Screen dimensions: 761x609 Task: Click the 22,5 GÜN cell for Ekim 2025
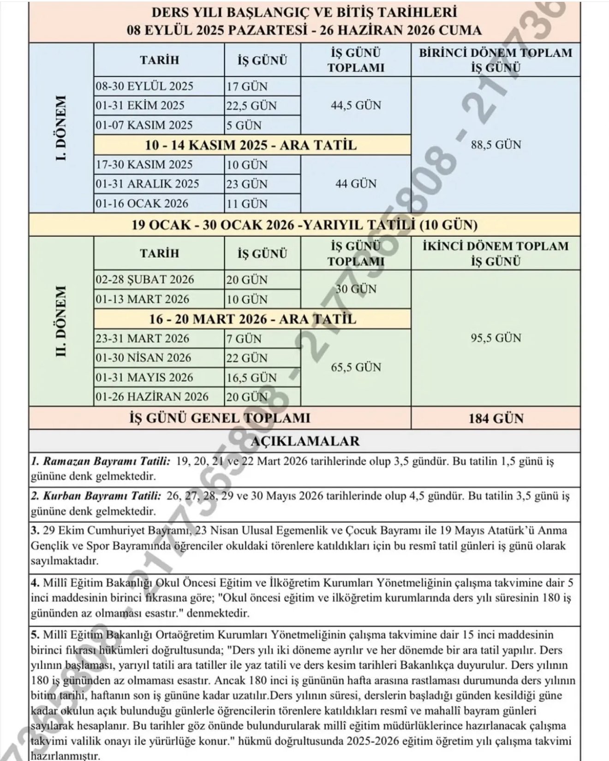251,106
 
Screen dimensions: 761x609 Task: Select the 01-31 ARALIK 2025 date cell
147,184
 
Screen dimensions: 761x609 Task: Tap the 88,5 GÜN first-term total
496,145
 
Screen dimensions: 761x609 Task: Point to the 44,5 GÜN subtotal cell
356,105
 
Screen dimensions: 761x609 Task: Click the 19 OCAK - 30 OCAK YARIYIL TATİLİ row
304,225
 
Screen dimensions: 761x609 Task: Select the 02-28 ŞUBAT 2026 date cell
145,280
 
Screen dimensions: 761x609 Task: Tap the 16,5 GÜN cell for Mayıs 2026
251,378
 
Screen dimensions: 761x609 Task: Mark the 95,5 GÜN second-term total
496,338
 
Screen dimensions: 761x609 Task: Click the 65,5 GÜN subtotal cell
356,367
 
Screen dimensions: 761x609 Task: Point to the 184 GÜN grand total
496,419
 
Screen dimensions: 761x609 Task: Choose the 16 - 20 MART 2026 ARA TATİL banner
252,319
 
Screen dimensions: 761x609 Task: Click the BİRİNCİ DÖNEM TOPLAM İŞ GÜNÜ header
496,60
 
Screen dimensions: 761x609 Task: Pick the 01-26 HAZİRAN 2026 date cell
152,397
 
